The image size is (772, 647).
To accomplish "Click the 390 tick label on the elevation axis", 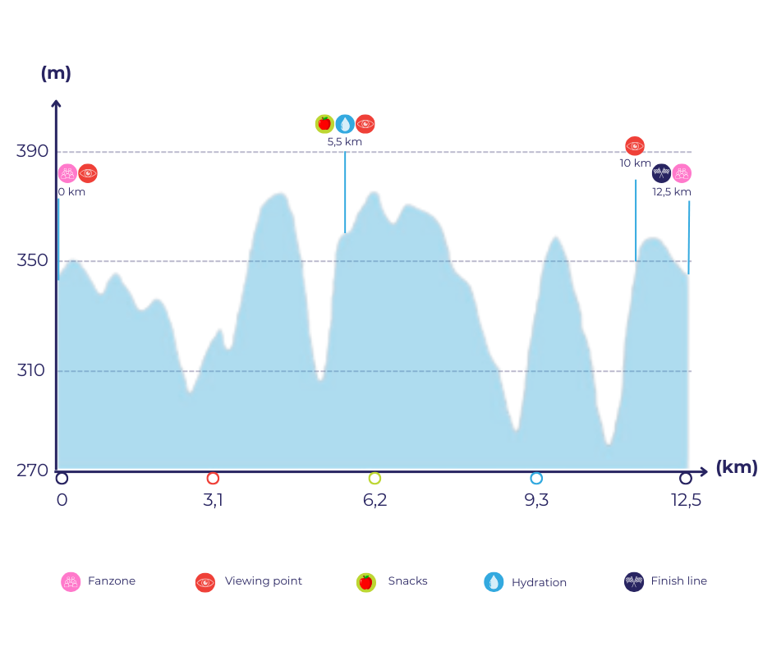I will pos(32,151).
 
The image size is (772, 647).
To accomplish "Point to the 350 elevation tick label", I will pos(32,261).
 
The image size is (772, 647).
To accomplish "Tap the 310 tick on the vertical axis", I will pos(32,370).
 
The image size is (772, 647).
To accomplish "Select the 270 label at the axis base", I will pos(32,470).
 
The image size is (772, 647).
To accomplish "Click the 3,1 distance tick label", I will pos(213,500).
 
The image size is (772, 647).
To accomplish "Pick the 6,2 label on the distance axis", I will pos(375,500).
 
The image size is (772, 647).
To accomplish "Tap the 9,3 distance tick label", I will pos(536,500).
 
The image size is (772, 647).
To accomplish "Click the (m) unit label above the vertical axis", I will pos(56,73).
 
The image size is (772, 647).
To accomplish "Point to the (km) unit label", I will pos(737,468).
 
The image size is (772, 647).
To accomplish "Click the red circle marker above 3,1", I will pos(213,478).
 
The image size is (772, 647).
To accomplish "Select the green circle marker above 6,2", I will pos(375,478).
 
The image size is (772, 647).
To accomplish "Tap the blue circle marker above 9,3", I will pos(536,478).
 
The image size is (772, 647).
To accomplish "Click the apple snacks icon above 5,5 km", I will pos(324,124).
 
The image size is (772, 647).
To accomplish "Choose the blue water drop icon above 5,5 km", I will pos(345,124).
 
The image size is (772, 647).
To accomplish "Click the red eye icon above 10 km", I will pos(635,146).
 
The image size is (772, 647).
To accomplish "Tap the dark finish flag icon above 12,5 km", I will pos(661,173).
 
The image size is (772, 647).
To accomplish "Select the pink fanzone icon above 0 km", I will pos(67,173).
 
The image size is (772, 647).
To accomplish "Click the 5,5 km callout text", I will pos(344,142).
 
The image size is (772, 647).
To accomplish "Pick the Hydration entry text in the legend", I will pos(539,582).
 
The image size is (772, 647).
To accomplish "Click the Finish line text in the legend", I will pos(678,581).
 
